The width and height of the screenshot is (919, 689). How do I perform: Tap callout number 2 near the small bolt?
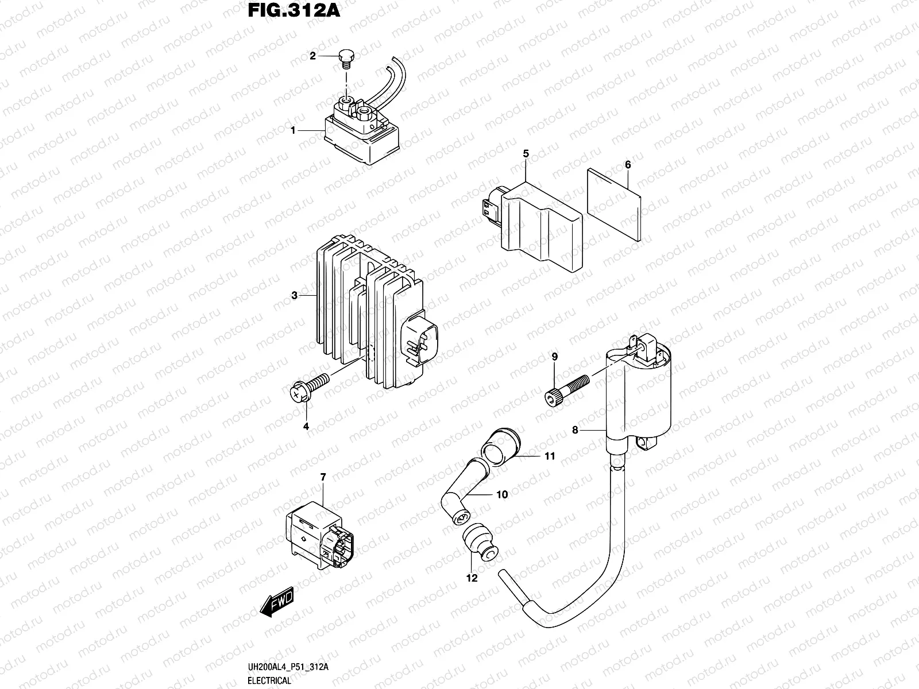point(313,56)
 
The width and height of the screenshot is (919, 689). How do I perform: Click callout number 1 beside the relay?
point(293,131)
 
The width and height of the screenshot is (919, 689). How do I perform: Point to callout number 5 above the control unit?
point(526,153)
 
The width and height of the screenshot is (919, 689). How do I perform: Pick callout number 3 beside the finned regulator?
point(294,296)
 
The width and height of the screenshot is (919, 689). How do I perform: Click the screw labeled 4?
point(310,386)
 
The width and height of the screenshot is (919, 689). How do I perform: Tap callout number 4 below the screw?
point(306,426)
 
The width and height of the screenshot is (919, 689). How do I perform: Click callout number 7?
point(323,477)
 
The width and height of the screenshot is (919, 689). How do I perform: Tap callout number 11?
point(550,456)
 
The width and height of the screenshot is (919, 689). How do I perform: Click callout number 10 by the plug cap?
point(502,494)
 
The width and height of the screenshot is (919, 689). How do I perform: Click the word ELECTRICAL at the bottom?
point(270,681)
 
